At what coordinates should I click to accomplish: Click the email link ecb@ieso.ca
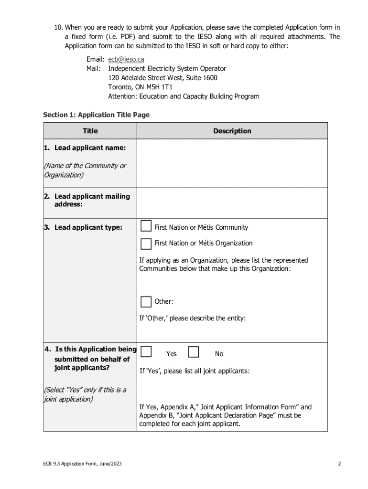point(126,60)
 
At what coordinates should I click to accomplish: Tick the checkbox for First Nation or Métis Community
point(146,226)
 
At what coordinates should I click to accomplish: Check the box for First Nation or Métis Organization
point(146,244)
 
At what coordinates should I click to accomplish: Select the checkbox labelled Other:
point(146,302)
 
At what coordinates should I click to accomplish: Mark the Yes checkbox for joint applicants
point(146,352)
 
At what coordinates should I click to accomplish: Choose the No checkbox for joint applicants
point(194,352)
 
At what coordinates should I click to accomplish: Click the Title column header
point(90,131)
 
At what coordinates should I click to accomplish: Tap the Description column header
point(232,131)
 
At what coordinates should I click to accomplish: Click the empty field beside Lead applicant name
point(232,163)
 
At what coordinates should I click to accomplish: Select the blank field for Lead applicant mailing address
point(232,202)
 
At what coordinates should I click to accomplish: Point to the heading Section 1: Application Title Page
point(96,115)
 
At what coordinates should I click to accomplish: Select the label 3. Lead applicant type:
point(83,228)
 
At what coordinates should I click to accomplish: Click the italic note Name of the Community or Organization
point(85,170)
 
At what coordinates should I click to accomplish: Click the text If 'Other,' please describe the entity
point(192,318)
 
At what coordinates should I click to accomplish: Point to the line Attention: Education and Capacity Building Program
point(184,96)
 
